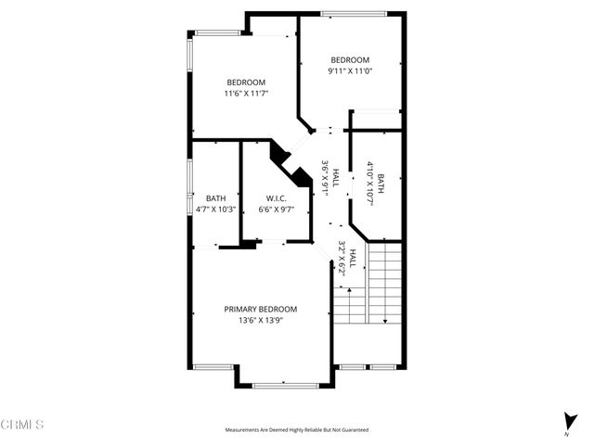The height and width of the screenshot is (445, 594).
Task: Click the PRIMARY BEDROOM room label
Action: [260, 309]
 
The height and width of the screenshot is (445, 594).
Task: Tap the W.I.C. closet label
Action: [275, 198]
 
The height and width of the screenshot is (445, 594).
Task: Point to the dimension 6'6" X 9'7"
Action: [275, 210]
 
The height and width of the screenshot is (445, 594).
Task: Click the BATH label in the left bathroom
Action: [215, 198]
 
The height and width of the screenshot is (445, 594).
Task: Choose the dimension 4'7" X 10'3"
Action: [215, 210]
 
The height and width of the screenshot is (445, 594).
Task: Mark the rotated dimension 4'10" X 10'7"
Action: [369, 183]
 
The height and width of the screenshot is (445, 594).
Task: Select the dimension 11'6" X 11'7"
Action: [245, 93]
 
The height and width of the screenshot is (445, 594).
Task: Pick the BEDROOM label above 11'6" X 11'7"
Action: [245, 82]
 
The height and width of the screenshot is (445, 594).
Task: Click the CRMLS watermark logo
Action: [22, 425]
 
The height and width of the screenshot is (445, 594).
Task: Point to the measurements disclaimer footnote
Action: [297, 430]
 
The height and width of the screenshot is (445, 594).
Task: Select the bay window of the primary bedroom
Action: [284, 382]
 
